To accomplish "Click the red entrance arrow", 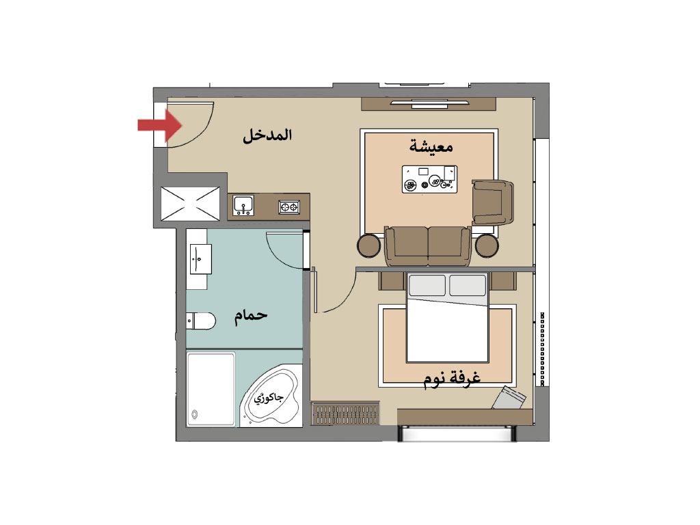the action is [160, 126].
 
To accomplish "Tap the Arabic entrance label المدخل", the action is [267, 135].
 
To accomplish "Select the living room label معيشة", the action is [431, 146].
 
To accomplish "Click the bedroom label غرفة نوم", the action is [452, 379].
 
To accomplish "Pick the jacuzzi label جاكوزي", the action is [269, 397].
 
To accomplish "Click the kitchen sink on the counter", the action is [243, 205].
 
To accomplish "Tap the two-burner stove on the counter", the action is [289, 206].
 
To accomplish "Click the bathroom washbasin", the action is [201, 259].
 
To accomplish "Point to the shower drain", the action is [194, 414].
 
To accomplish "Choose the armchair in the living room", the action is [493, 202].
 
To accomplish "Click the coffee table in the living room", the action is [429, 179].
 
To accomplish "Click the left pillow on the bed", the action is [427, 285].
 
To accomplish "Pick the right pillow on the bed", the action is [468, 285].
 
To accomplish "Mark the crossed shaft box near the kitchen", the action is [190, 204].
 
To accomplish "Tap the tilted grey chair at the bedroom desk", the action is [509, 398].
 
